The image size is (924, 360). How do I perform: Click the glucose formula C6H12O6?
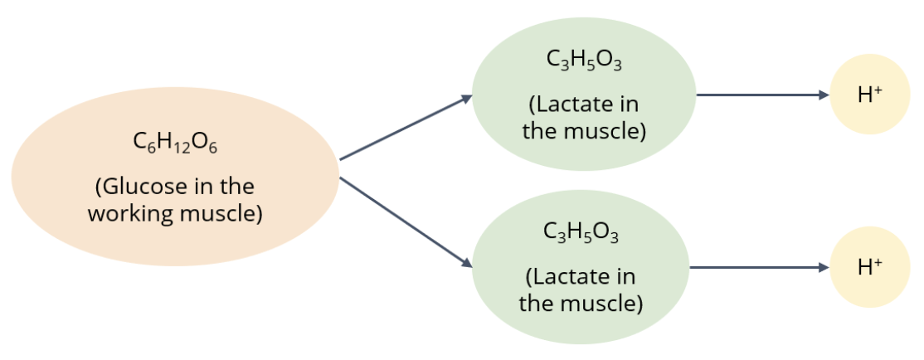click(175, 144)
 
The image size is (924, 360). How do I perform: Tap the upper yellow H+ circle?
click(870, 95)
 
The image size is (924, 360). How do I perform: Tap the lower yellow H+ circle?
click(870, 266)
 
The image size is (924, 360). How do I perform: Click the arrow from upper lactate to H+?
click(759, 95)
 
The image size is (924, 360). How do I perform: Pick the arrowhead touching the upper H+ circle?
click(824, 95)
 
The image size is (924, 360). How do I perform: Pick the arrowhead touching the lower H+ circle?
click(824, 267)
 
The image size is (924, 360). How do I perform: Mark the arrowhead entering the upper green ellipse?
click(467, 99)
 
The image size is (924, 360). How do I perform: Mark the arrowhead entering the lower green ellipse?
click(467, 262)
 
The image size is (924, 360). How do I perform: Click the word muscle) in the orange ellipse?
click(221, 213)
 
